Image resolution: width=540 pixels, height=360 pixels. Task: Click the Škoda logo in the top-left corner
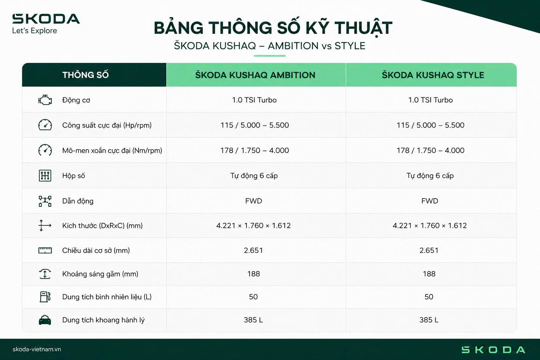coord(46,19)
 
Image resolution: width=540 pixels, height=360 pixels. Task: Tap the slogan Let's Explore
coord(34,31)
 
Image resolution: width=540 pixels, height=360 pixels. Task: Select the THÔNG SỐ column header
coord(85,75)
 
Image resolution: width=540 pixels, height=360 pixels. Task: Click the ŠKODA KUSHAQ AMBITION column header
coord(255,75)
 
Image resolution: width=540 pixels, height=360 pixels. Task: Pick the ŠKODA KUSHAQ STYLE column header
coord(433,75)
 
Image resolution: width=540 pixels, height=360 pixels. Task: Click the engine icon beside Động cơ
coord(45,100)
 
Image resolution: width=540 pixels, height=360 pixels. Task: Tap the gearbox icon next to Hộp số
coord(45,175)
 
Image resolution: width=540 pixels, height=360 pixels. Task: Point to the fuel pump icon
coord(45,297)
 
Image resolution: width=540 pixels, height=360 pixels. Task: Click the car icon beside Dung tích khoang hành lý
coord(45,320)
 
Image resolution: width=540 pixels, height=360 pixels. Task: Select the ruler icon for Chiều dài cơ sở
coord(45,250)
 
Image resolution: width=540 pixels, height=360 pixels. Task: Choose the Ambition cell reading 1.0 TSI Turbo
coord(254,100)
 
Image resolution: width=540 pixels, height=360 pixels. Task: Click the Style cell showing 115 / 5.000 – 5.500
coord(430,125)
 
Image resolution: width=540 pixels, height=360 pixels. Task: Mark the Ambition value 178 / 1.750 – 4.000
coord(255,150)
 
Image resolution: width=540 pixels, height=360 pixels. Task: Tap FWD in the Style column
coord(430,201)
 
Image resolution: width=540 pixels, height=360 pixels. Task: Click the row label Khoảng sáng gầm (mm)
coord(100,274)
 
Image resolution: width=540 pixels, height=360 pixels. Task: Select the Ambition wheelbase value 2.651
coord(253,250)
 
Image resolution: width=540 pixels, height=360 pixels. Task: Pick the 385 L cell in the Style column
coord(429,320)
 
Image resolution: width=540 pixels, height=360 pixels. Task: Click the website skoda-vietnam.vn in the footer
coord(37,349)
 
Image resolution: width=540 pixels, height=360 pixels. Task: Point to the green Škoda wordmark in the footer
coord(493,350)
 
